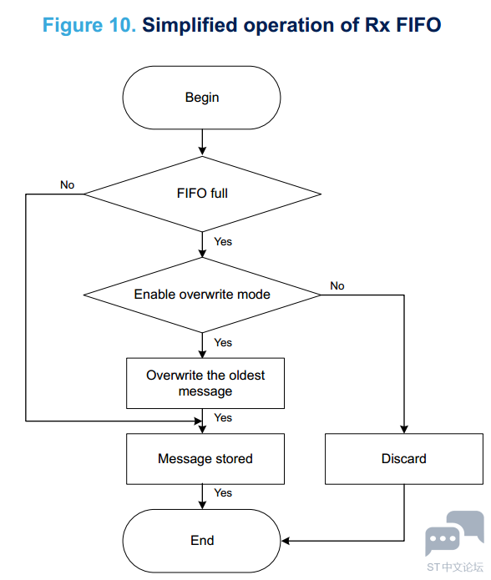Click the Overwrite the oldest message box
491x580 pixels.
(205, 383)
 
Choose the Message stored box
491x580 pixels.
(205, 459)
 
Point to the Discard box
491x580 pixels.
(404, 459)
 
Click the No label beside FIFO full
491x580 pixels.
(68, 184)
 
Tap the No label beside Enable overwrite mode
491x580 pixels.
(337, 285)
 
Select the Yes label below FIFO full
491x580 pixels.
(223, 241)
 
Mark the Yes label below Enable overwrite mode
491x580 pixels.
(223, 342)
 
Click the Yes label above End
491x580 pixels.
(223, 492)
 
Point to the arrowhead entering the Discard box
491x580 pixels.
(404, 430)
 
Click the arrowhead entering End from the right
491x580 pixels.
(286, 541)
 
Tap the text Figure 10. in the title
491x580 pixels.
(89, 25)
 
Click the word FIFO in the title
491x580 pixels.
(418, 25)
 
